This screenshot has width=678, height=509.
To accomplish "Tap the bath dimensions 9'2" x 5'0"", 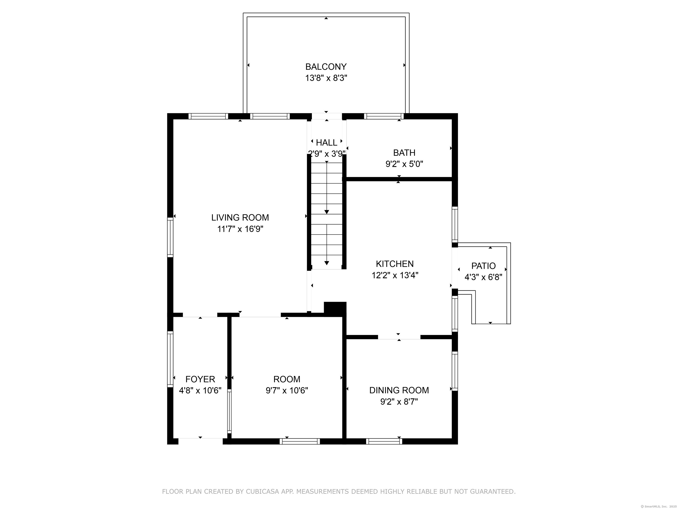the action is click(404, 164).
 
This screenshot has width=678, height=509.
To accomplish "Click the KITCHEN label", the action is click(395, 264).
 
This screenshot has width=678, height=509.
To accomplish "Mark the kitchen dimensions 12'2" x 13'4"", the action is click(395, 275).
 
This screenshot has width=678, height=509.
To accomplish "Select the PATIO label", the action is click(483, 266).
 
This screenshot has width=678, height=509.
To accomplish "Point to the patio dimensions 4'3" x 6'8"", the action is click(483, 277).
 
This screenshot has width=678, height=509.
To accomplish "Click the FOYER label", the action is click(200, 379).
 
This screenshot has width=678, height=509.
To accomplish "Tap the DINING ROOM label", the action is click(399, 390).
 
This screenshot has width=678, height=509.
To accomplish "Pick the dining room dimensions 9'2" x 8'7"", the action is click(399, 402).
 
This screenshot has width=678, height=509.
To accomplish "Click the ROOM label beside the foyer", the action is click(287, 379).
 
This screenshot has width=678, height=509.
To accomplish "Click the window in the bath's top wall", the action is click(384, 116).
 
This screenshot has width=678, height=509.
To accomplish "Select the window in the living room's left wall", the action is click(170, 237).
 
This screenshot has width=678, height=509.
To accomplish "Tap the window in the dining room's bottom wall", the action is click(384, 441).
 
